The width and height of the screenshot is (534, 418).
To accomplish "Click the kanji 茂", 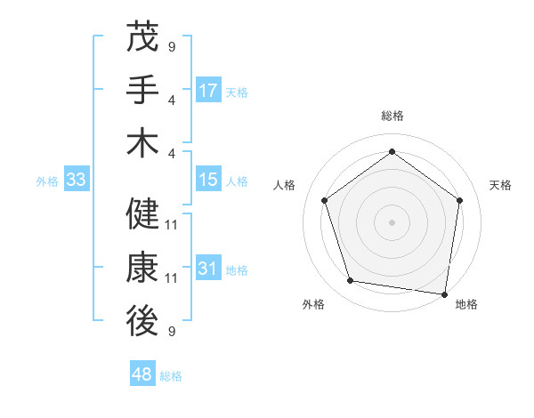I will tap(143, 37).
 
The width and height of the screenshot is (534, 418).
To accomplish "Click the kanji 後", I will tap(143, 322).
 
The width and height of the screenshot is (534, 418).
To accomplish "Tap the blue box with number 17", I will tap(208, 91).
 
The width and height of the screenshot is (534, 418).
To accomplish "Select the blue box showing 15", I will tap(208, 181).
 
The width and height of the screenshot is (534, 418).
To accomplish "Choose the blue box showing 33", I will tap(77, 181).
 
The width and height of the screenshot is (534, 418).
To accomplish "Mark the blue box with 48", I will tap(142, 374).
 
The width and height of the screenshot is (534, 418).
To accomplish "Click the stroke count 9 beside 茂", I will tap(172, 46).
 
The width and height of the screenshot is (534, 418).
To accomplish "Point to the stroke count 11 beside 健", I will tap(172, 225).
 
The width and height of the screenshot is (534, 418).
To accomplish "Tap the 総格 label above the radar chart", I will tap(392, 116).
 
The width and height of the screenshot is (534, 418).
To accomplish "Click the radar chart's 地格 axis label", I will tap(466, 305).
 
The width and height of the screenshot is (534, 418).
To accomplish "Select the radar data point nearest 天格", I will tap(459, 201).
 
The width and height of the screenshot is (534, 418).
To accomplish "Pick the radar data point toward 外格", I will tap(351, 281).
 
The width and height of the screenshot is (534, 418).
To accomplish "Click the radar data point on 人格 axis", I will tap(324, 201).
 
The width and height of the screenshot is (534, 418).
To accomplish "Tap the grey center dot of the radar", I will tap(392, 221).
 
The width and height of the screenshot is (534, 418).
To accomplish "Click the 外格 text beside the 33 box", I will tap(47, 181).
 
